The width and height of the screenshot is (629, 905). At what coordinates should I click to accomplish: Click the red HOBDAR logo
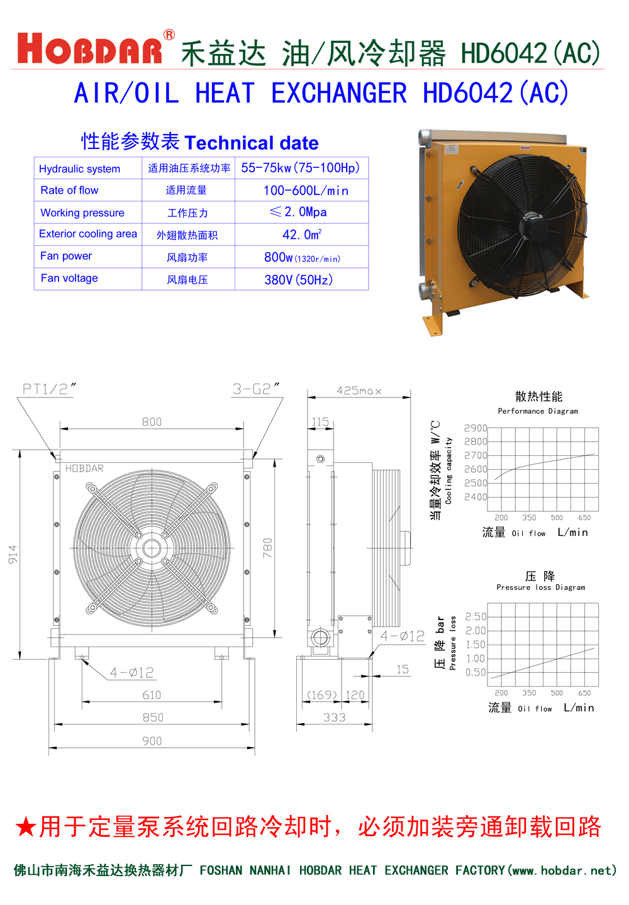click(x=89, y=49)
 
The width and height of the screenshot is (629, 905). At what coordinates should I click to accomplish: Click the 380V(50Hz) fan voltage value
click(x=298, y=280)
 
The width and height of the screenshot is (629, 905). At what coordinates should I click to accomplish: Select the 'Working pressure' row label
click(x=82, y=213)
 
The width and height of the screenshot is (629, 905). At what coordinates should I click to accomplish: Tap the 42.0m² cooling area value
click(x=302, y=235)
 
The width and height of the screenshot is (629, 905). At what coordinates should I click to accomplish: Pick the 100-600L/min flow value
click(x=306, y=191)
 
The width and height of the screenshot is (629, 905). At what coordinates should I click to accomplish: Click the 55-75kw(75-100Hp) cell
click(x=301, y=168)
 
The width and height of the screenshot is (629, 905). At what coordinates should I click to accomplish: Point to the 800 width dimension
click(x=152, y=421)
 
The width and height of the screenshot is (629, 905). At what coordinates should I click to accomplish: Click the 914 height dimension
click(x=13, y=554)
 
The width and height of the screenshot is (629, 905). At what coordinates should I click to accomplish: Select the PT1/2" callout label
click(x=49, y=389)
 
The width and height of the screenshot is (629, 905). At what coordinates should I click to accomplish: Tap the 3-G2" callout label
click(x=255, y=389)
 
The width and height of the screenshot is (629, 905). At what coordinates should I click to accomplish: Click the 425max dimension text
click(x=359, y=391)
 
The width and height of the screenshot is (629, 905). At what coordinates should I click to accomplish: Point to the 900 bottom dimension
click(x=152, y=741)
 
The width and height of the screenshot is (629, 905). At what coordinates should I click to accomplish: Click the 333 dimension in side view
click(x=334, y=718)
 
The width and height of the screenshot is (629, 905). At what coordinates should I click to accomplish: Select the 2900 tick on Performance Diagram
click(x=476, y=428)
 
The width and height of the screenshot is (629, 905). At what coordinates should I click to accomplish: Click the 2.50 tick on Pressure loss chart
click(x=476, y=616)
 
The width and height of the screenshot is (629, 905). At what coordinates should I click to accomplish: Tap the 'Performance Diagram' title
click(x=538, y=411)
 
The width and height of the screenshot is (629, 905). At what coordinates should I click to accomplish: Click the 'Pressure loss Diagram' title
click(x=540, y=587)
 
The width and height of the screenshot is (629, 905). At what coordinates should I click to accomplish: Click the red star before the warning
click(x=26, y=827)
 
